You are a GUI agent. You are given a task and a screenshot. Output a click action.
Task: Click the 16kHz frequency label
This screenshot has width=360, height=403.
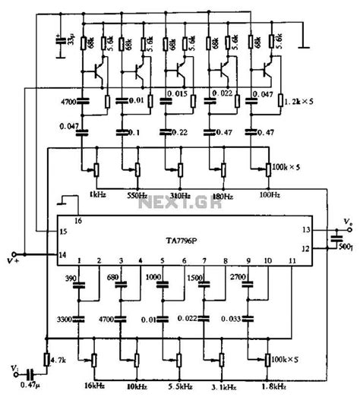point(96,387)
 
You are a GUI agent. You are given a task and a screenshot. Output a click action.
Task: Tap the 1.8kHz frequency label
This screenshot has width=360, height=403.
point(274,387)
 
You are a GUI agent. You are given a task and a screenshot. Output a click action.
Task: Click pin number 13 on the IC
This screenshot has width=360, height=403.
point(306,228)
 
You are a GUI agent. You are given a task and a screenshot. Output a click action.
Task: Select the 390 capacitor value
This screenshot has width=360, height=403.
point(71,279)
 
